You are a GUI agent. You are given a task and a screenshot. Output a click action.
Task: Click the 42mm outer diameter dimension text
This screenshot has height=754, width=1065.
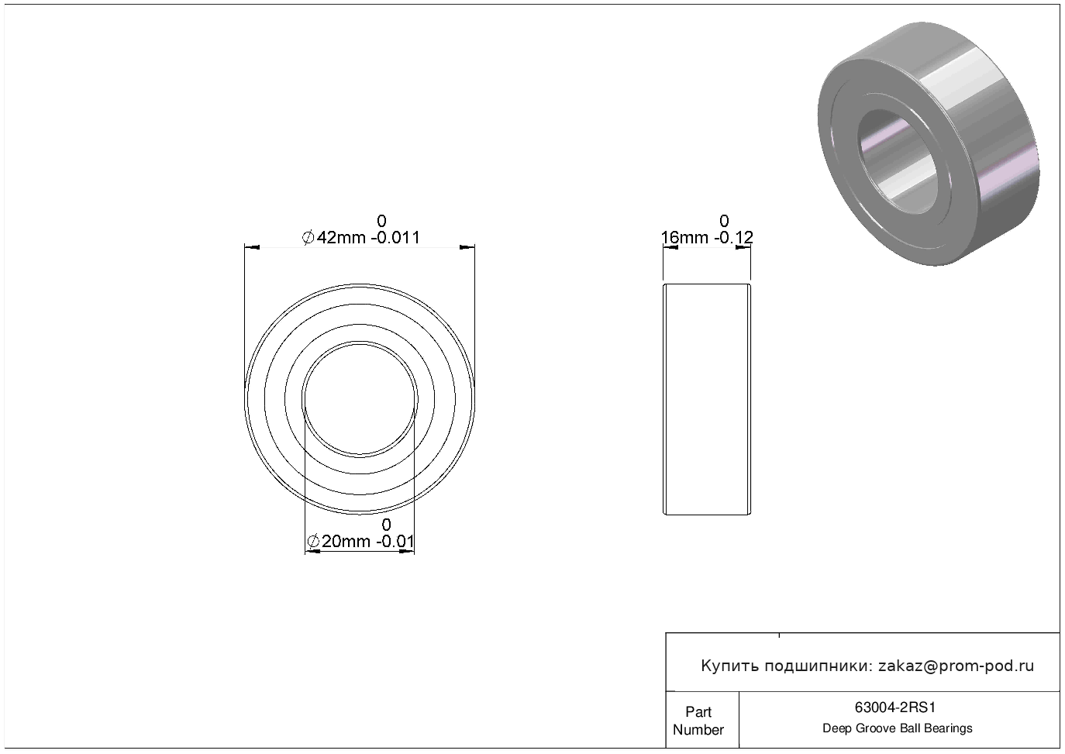341,237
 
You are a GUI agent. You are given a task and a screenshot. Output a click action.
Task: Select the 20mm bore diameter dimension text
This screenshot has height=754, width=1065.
346,542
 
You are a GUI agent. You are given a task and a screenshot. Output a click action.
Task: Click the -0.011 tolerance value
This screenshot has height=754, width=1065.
395,237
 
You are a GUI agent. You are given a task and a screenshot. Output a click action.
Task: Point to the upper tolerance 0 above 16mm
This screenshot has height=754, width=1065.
724,221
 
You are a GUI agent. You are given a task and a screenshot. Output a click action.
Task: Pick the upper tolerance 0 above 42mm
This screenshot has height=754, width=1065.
381,221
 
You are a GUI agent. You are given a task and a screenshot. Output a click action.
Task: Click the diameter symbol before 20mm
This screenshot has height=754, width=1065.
313,542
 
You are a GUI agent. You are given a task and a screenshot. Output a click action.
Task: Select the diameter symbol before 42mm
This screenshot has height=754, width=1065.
308,237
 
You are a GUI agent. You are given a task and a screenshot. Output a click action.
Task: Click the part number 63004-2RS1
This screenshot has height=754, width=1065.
895,708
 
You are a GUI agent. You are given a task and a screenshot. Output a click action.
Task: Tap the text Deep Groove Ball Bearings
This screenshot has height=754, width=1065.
897,728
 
